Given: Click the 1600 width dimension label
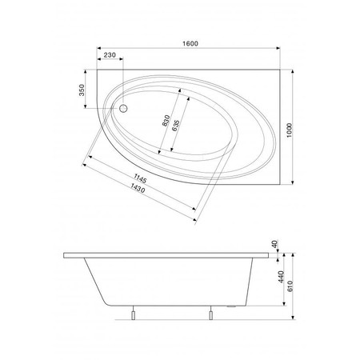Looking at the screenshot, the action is point(190,43).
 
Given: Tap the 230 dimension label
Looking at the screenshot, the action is point(110,55).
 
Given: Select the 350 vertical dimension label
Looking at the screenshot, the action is point(82,90).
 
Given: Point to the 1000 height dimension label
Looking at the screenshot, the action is point(289,130).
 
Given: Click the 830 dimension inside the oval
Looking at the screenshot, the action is point(166,121).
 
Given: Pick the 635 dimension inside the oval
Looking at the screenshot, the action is point(175,126).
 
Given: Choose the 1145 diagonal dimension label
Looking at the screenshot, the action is point(140,178).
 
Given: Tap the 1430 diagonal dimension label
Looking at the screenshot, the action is point(138,188).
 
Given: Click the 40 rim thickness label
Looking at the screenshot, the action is point(274,244).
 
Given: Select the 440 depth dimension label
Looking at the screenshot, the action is point(281,277).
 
